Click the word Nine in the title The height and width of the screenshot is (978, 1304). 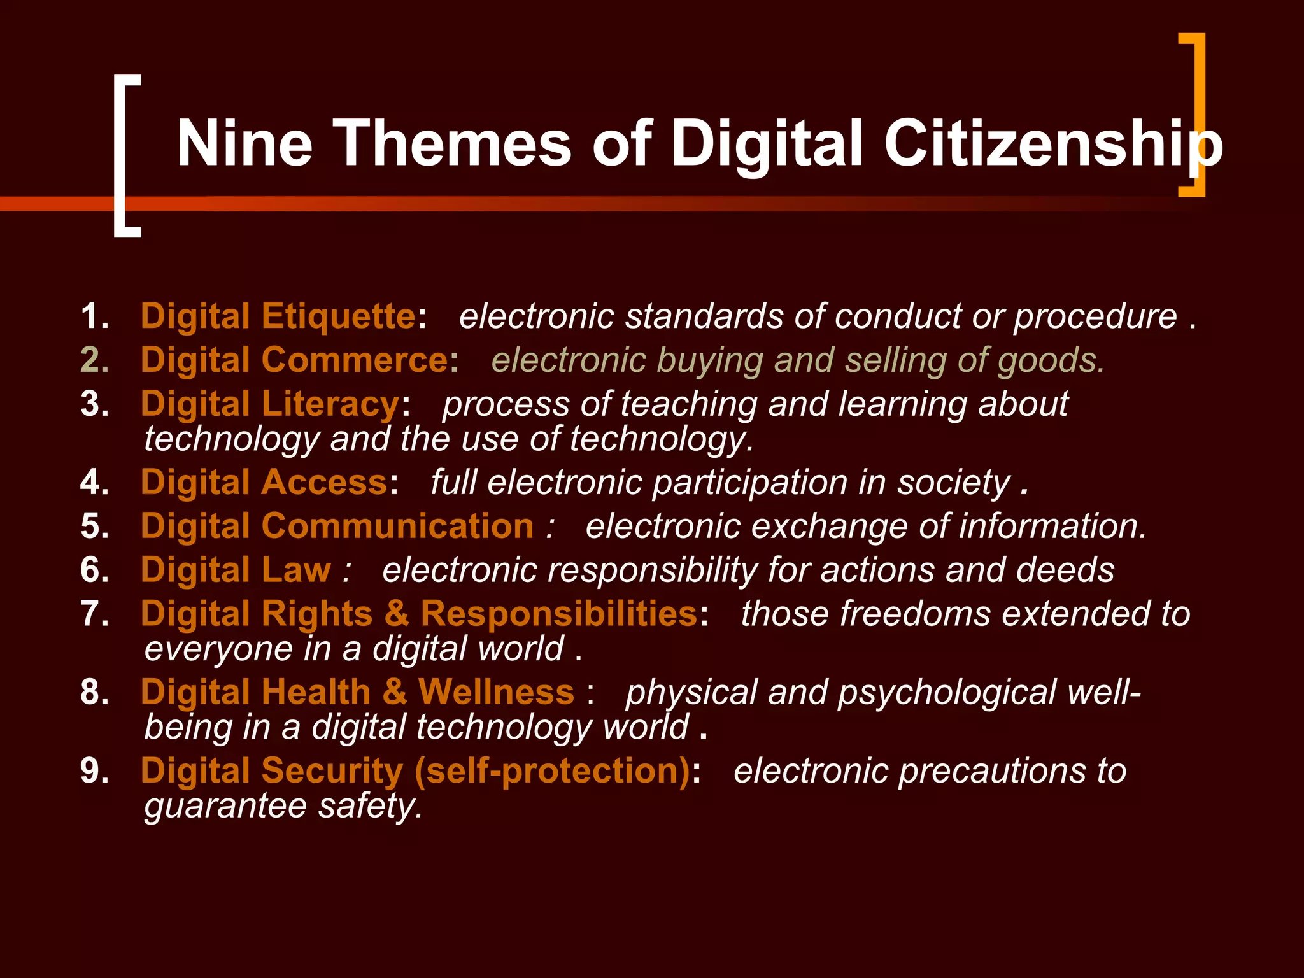pyautogui.click(x=244, y=144)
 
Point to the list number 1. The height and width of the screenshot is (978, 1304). pyautogui.click(x=94, y=316)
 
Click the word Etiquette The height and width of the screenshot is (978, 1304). pyautogui.click(x=338, y=316)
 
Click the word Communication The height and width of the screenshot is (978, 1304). pyautogui.click(x=397, y=527)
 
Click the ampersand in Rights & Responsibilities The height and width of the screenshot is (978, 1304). pyautogui.click(x=396, y=614)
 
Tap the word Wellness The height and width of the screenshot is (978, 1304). pyautogui.click(x=496, y=692)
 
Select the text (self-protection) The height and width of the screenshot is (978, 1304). pyautogui.click(x=552, y=771)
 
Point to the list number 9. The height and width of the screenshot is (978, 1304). pyautogui.click(x=94, y=771)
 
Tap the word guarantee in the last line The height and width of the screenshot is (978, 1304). pyautogui.click(x=226, y=806)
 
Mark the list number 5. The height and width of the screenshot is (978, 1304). pyautogui.click(x=94, y=527)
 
